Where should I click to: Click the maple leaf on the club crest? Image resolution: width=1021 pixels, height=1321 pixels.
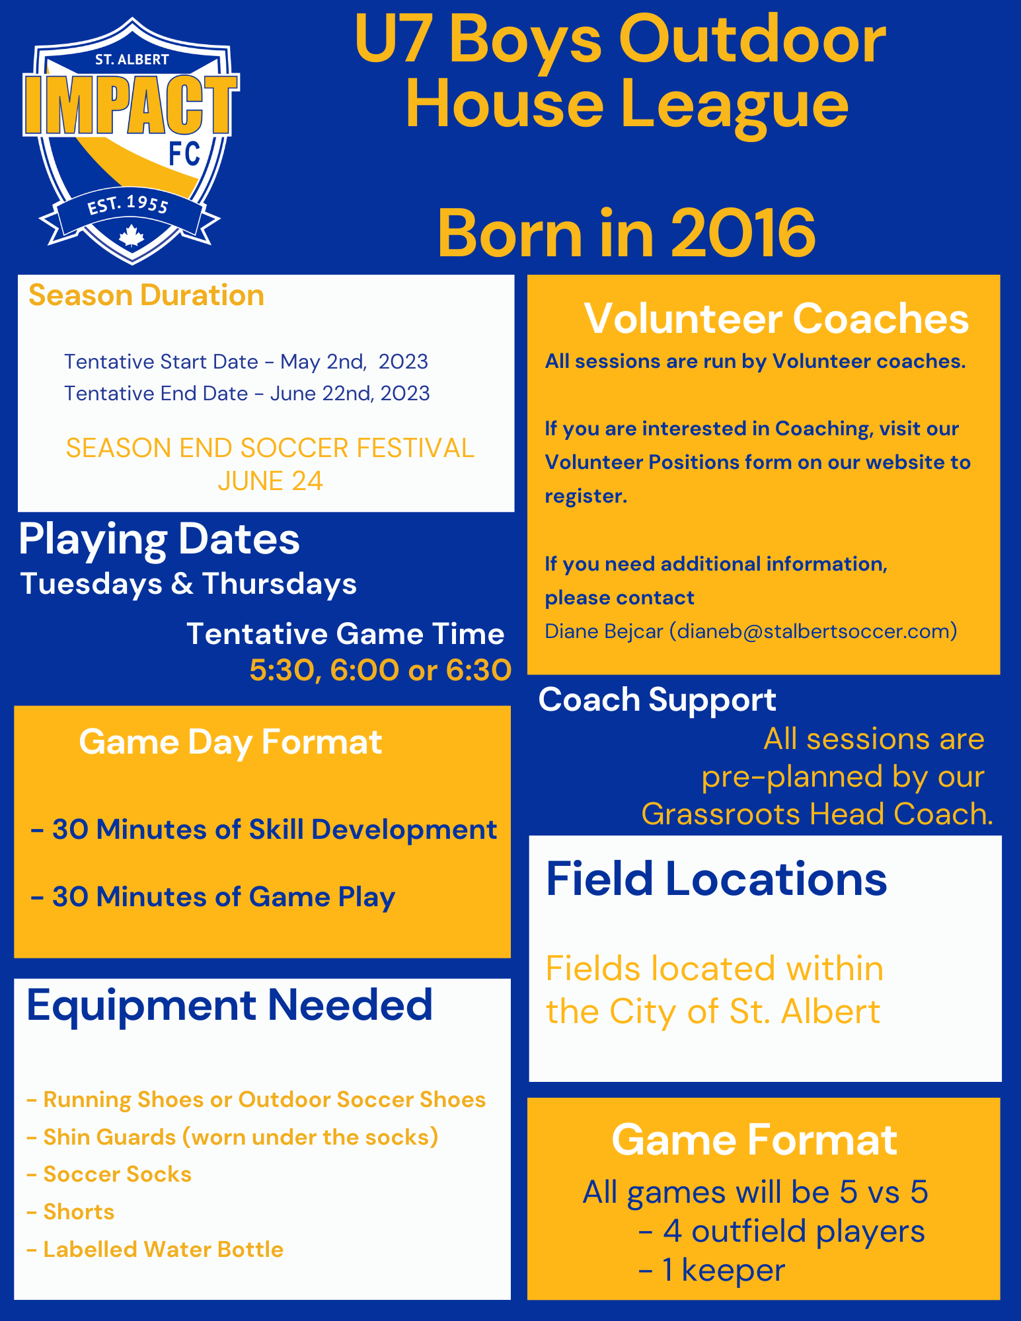[132, 235]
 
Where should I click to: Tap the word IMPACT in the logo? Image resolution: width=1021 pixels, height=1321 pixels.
[131, 104]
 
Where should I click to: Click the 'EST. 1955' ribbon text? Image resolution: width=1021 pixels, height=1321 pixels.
[129, 205]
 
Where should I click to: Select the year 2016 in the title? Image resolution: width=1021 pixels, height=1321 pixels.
[743, 233]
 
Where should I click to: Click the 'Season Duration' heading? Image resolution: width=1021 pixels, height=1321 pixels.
[146, 295]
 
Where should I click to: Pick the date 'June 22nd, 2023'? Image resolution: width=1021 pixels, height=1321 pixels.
[350, 394]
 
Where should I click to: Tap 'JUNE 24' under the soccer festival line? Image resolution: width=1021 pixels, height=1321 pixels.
[270, 482]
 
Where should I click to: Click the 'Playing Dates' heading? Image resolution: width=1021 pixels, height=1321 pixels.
[159, 540]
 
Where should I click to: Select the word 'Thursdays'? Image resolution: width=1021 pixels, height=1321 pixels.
[280, 584]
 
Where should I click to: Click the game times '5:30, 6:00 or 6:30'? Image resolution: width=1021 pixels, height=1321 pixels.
[381, 670]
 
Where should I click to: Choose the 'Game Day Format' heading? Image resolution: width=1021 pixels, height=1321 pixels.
[231, 742]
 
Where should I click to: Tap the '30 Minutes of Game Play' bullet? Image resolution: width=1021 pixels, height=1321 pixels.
[213, 897]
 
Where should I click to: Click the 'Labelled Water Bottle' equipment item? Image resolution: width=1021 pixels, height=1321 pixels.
[155, 1250]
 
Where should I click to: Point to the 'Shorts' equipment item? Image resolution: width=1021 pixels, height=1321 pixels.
[71, 1212]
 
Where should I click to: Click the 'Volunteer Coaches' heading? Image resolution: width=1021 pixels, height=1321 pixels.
[776, 319]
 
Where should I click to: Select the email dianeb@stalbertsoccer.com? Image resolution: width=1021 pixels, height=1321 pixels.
[813, 631]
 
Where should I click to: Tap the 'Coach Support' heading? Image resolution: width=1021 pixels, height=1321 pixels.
[658, 700]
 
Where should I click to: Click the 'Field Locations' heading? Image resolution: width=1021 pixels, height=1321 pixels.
[716, 879]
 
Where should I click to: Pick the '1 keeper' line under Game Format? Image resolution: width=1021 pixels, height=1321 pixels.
[712, 1270]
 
